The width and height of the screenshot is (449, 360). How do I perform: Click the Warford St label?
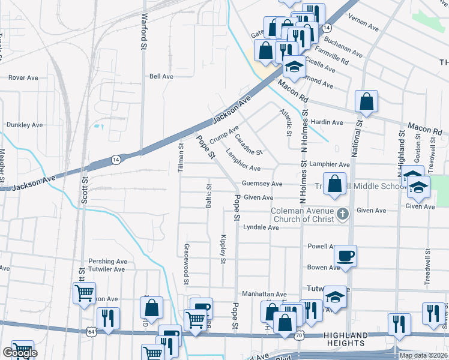(x=143, y=31)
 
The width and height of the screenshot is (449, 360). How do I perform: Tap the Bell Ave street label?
(x=161, y=77)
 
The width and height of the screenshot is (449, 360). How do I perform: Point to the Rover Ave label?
(x=23, y=77)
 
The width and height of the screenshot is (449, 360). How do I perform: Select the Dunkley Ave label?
(x=25, y=125)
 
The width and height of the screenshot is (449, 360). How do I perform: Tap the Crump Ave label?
(x=224, y=134)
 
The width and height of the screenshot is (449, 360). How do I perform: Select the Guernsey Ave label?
(x=262, y=184)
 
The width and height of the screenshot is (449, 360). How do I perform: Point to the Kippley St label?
(x=223, y=248)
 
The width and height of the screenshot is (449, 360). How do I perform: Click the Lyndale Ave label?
(x=261, y=228)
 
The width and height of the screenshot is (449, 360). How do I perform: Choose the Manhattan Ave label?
(x=264, y=294)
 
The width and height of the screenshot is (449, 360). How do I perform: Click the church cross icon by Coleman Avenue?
(x=342, y=214)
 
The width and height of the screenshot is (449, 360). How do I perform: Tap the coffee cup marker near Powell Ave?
(x=345, y=256)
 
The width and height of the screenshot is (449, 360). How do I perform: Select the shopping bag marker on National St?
(x=366, y=103)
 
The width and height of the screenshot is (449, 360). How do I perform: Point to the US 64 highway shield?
(x=91, y=331)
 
